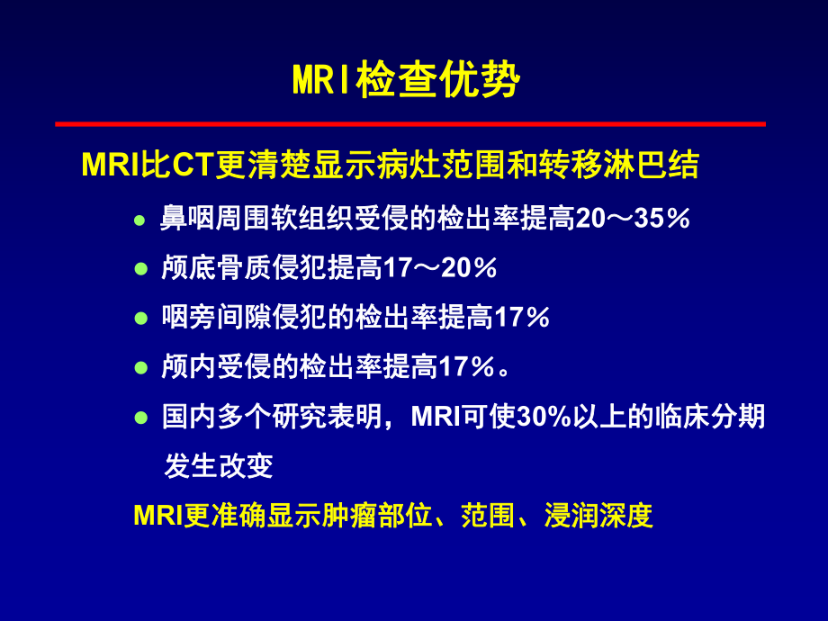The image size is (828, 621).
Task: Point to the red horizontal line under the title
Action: (x=410, y=123)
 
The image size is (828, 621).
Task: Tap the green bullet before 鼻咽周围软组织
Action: (x=139, y=220)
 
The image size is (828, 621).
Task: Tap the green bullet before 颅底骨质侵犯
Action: (x=139, y=269)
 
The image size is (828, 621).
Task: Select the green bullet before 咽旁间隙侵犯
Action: (x=139, y=318)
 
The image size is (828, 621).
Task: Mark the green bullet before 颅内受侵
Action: (x=139, y=367)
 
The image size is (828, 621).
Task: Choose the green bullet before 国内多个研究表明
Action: (x=139, y=417)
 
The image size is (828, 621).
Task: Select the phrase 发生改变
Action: (x=218, y=466)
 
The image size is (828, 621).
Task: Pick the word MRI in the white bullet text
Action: (x=436, y=417)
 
